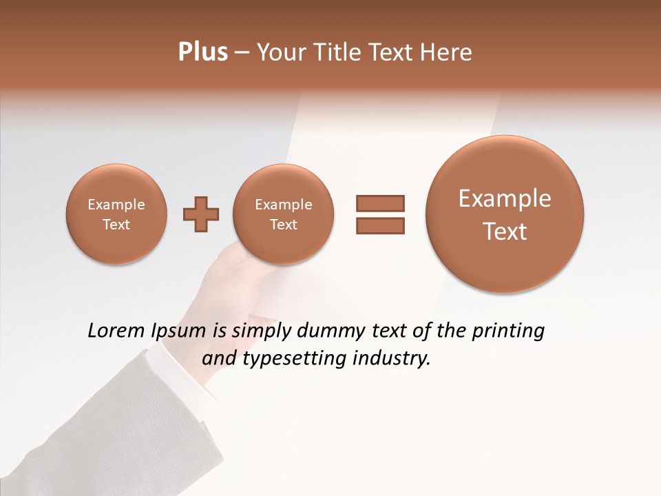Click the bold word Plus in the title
[202, 52]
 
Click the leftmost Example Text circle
[116, 214]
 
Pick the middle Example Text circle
[283, 214]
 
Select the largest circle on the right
[505, 214]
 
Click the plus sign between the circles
[201, 215]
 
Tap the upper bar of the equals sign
[380, 203]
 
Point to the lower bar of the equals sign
[380, 225]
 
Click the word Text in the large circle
[505, 231]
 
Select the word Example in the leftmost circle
[116, 205]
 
